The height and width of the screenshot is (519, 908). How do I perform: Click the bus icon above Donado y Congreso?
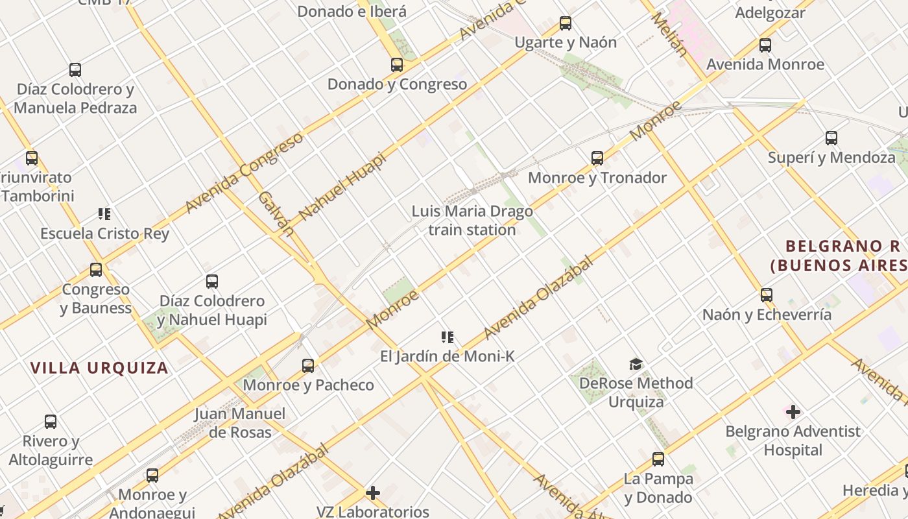click(397, 65)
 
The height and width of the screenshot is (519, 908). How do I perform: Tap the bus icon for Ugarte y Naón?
click(566, 23)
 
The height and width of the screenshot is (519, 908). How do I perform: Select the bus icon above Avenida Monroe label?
click(765, 45)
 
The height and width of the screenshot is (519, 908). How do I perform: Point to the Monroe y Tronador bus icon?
click(597, 158)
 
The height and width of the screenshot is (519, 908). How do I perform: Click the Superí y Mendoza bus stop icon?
click(831, 138)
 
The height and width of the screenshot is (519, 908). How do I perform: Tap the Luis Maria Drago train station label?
click(472, 221)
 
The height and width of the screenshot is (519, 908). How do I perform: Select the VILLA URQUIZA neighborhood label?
click(99, 368)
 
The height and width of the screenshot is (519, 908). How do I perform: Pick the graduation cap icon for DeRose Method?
click(636, 364)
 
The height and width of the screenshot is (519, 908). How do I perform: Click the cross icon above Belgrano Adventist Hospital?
click(793, 412)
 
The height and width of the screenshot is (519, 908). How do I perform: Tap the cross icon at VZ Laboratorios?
click(373, 493)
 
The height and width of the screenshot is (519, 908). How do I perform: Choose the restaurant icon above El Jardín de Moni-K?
click(448, 337)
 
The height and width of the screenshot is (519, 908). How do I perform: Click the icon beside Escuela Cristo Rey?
click(104, 214)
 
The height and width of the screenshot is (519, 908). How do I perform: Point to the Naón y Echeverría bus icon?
click(767, 295)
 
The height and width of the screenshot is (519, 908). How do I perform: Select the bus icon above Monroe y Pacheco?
click(308, 366)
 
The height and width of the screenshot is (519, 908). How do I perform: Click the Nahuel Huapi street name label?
click(342, 186)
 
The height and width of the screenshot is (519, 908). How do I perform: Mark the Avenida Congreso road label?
click(244, 173)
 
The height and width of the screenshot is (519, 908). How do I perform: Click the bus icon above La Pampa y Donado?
click(658, 459)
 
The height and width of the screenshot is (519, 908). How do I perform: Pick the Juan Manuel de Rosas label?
click(240, 423)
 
